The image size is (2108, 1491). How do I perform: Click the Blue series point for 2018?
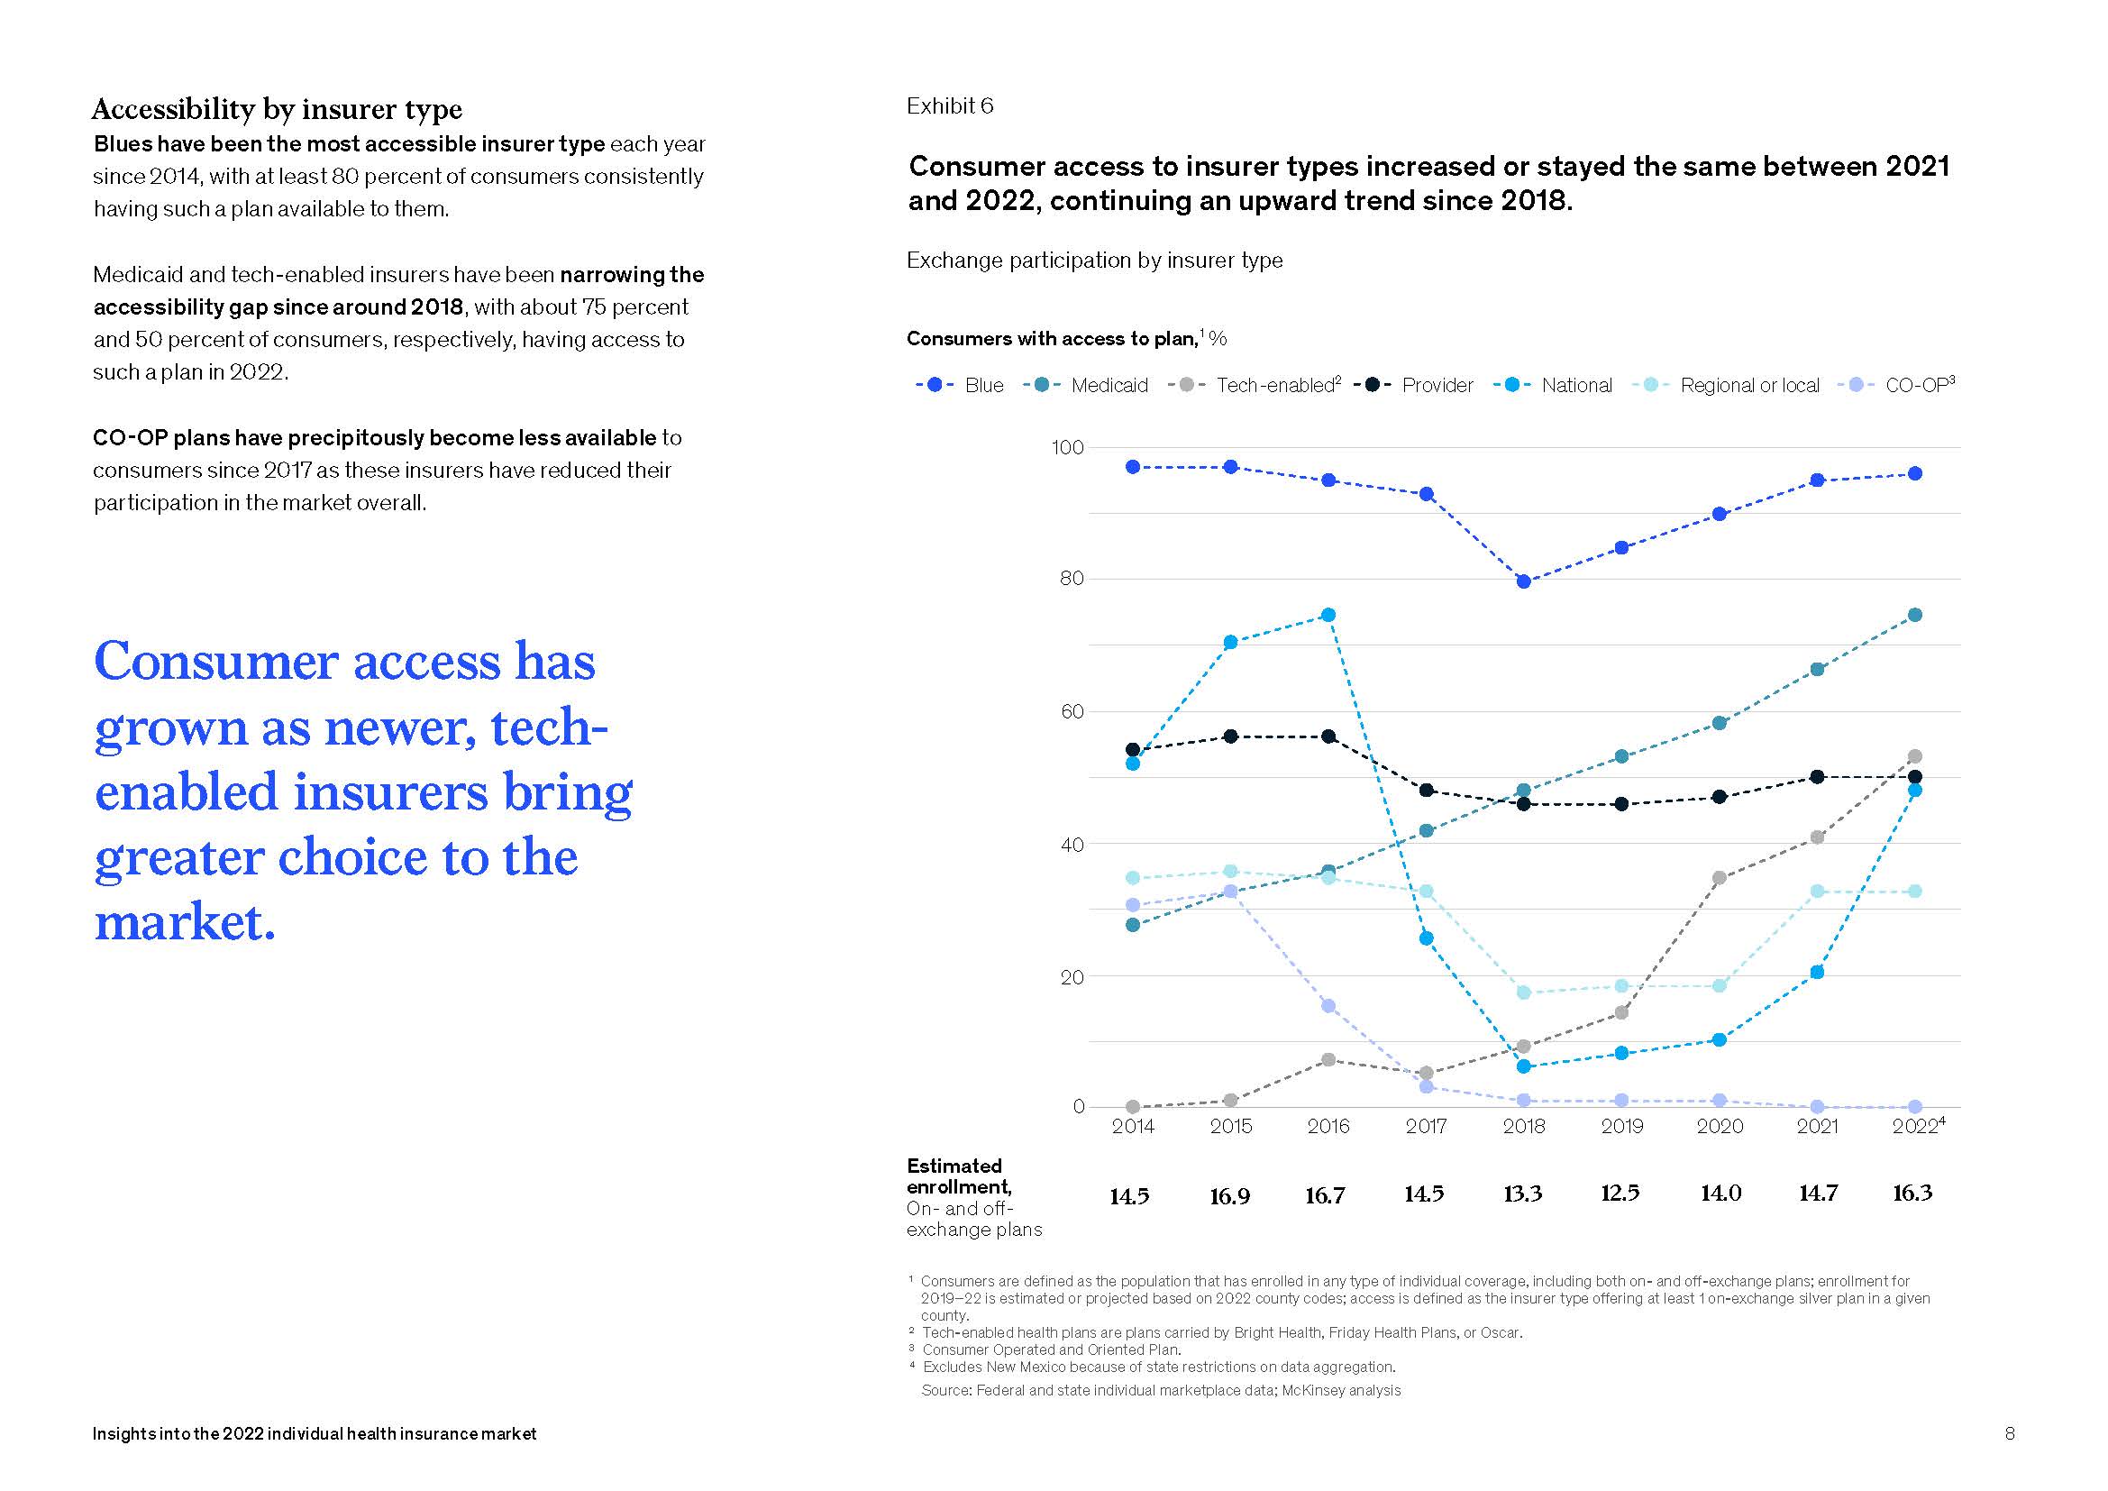point(1524,581)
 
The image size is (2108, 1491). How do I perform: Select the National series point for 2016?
point(1328,615)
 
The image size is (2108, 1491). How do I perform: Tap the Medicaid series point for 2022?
point(1915,615)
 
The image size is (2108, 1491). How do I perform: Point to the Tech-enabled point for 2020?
point(1720,879)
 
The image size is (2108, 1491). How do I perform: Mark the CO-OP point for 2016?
point(1328,1006)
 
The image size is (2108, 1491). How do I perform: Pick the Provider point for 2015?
point(1231,736)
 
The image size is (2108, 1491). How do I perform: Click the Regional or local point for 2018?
point(1524,992)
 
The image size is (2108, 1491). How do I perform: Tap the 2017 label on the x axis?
point(1426,1127)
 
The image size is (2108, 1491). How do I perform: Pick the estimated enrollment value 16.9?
point(1230,1196)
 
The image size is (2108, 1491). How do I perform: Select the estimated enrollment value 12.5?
point(1620,1194)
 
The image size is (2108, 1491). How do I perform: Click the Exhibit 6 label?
point(949,106)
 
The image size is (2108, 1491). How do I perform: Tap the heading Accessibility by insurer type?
point(277,109)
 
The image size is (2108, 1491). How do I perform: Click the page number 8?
point(2010,1433)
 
